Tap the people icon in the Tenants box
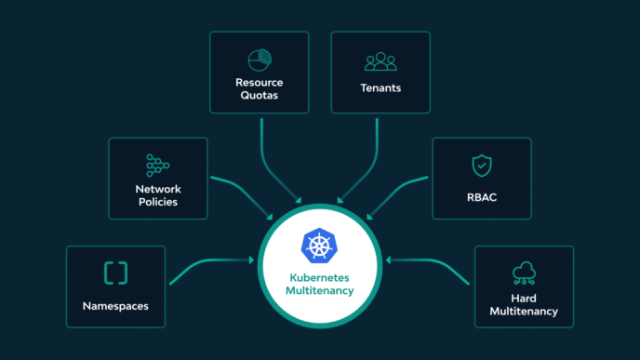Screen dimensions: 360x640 pos(380,61)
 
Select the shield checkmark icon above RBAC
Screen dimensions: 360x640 pos(481,166)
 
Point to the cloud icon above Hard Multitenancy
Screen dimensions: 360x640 pos(523,273)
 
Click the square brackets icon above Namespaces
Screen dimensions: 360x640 pos(115,273)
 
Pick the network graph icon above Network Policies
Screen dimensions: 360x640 pos(157,166)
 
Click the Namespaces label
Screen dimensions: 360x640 pos(115,305)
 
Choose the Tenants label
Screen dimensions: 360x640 pos(380,89)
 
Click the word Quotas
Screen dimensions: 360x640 pos(259,96)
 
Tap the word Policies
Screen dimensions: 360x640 pos(157,202)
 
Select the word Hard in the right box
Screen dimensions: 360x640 pos(523,298)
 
